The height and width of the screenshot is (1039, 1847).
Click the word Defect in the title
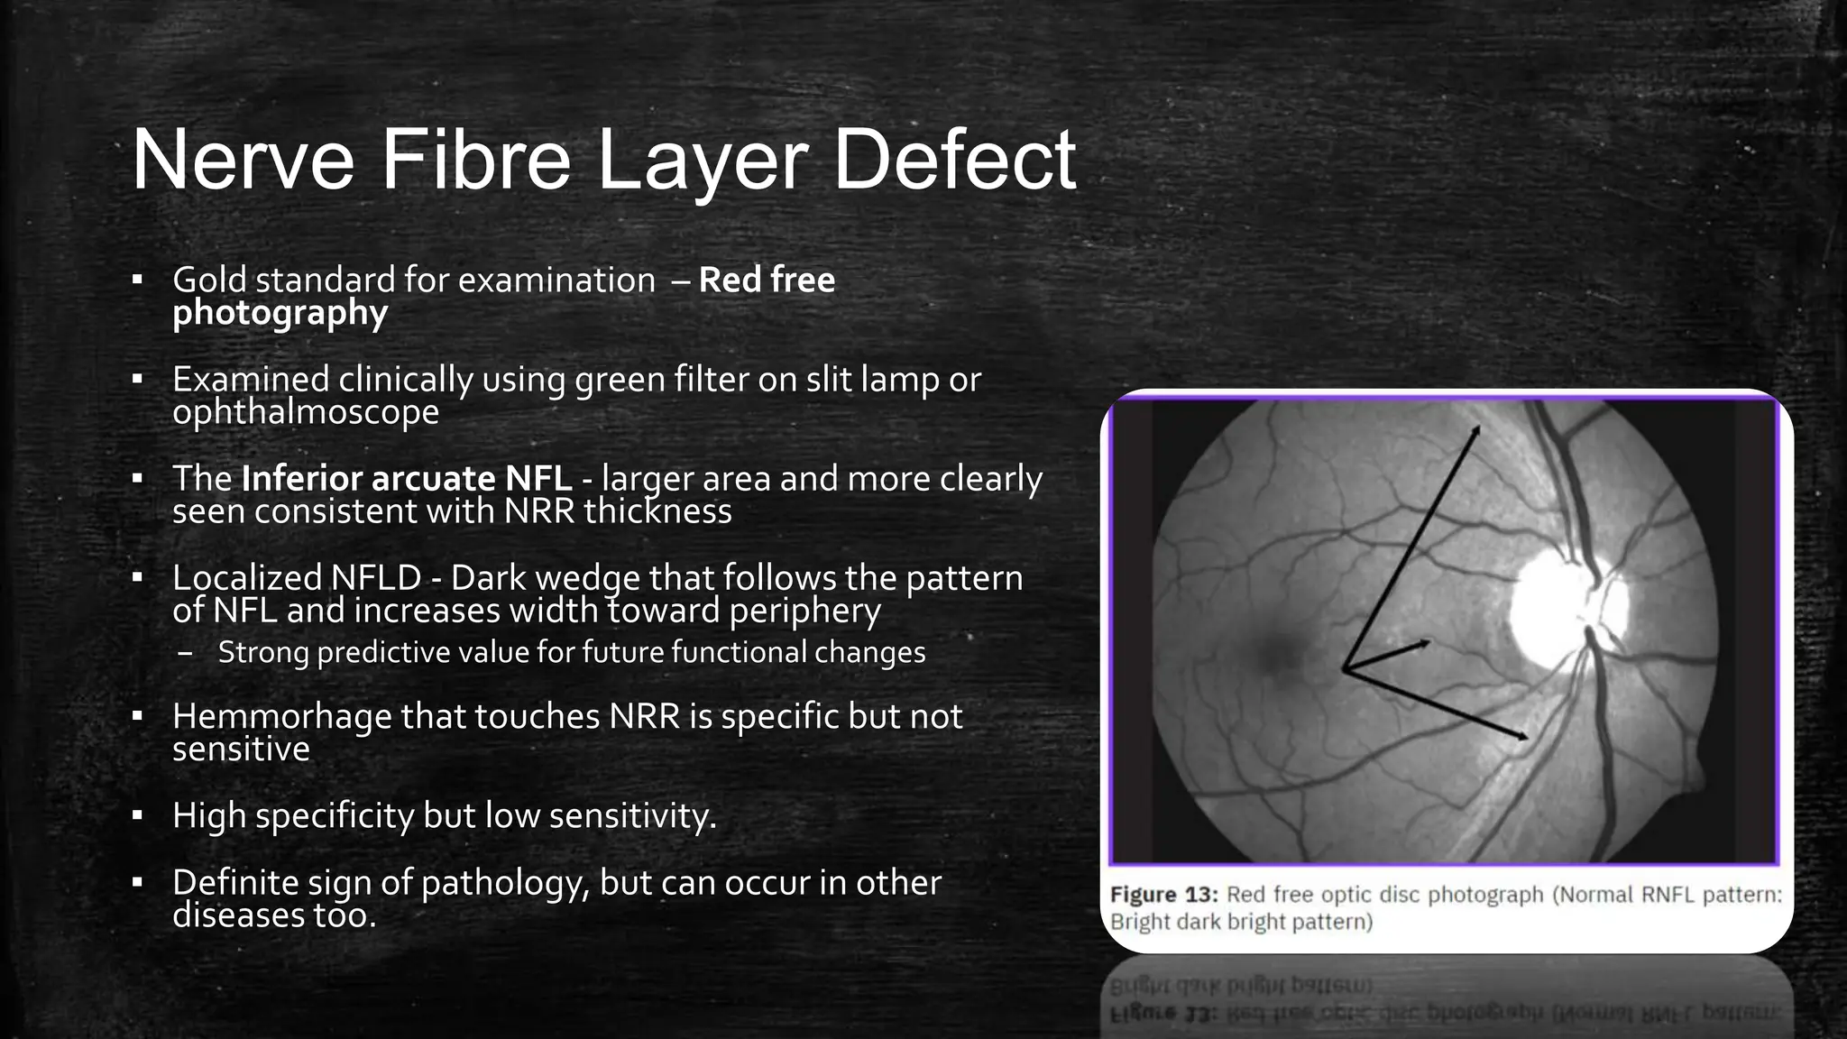click(x=954, y=161)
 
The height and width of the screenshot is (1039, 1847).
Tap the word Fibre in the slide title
click(x=475, y=161)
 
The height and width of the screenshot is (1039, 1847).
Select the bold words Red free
click(x=767, y=280)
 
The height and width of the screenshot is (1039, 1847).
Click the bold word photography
click(x=280, y=313)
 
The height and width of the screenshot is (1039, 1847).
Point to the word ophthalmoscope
click(x=306, y=412)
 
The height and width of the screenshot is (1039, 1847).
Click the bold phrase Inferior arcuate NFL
click(x=406, y=478)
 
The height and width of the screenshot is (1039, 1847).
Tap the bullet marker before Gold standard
click(x=137, y=280)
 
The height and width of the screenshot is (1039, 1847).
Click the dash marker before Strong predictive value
click(x=185, y=653)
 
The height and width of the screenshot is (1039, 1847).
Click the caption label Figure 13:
click(x=1163, y=895)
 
